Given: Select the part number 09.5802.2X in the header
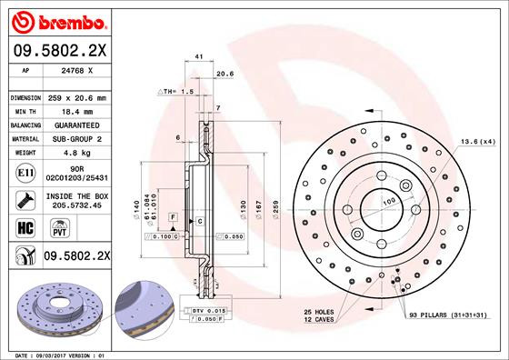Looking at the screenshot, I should coord(61,51).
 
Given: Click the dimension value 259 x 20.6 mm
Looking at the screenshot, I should coord(85,97).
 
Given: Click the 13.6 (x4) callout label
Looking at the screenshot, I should coord(478,142).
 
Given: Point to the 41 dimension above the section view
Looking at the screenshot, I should coord(198,56).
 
